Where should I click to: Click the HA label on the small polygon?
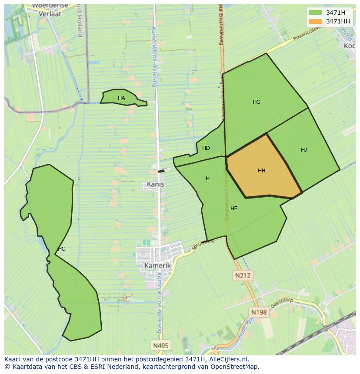121,98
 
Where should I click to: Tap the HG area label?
257,102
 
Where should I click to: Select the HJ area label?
304,150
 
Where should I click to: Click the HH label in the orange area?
261,171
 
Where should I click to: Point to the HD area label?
206,148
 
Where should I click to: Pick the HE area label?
234,209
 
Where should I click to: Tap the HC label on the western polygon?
61,249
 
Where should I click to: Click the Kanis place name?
156,184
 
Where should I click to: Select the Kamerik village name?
157,265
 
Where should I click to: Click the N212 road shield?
243,275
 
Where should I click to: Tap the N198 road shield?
259,312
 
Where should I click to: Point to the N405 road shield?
161,346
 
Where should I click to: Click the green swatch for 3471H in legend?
316,13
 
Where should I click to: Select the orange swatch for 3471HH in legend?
316,21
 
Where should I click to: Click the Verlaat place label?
50,13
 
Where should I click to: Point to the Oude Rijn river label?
246,328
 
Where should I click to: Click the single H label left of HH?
207,179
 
